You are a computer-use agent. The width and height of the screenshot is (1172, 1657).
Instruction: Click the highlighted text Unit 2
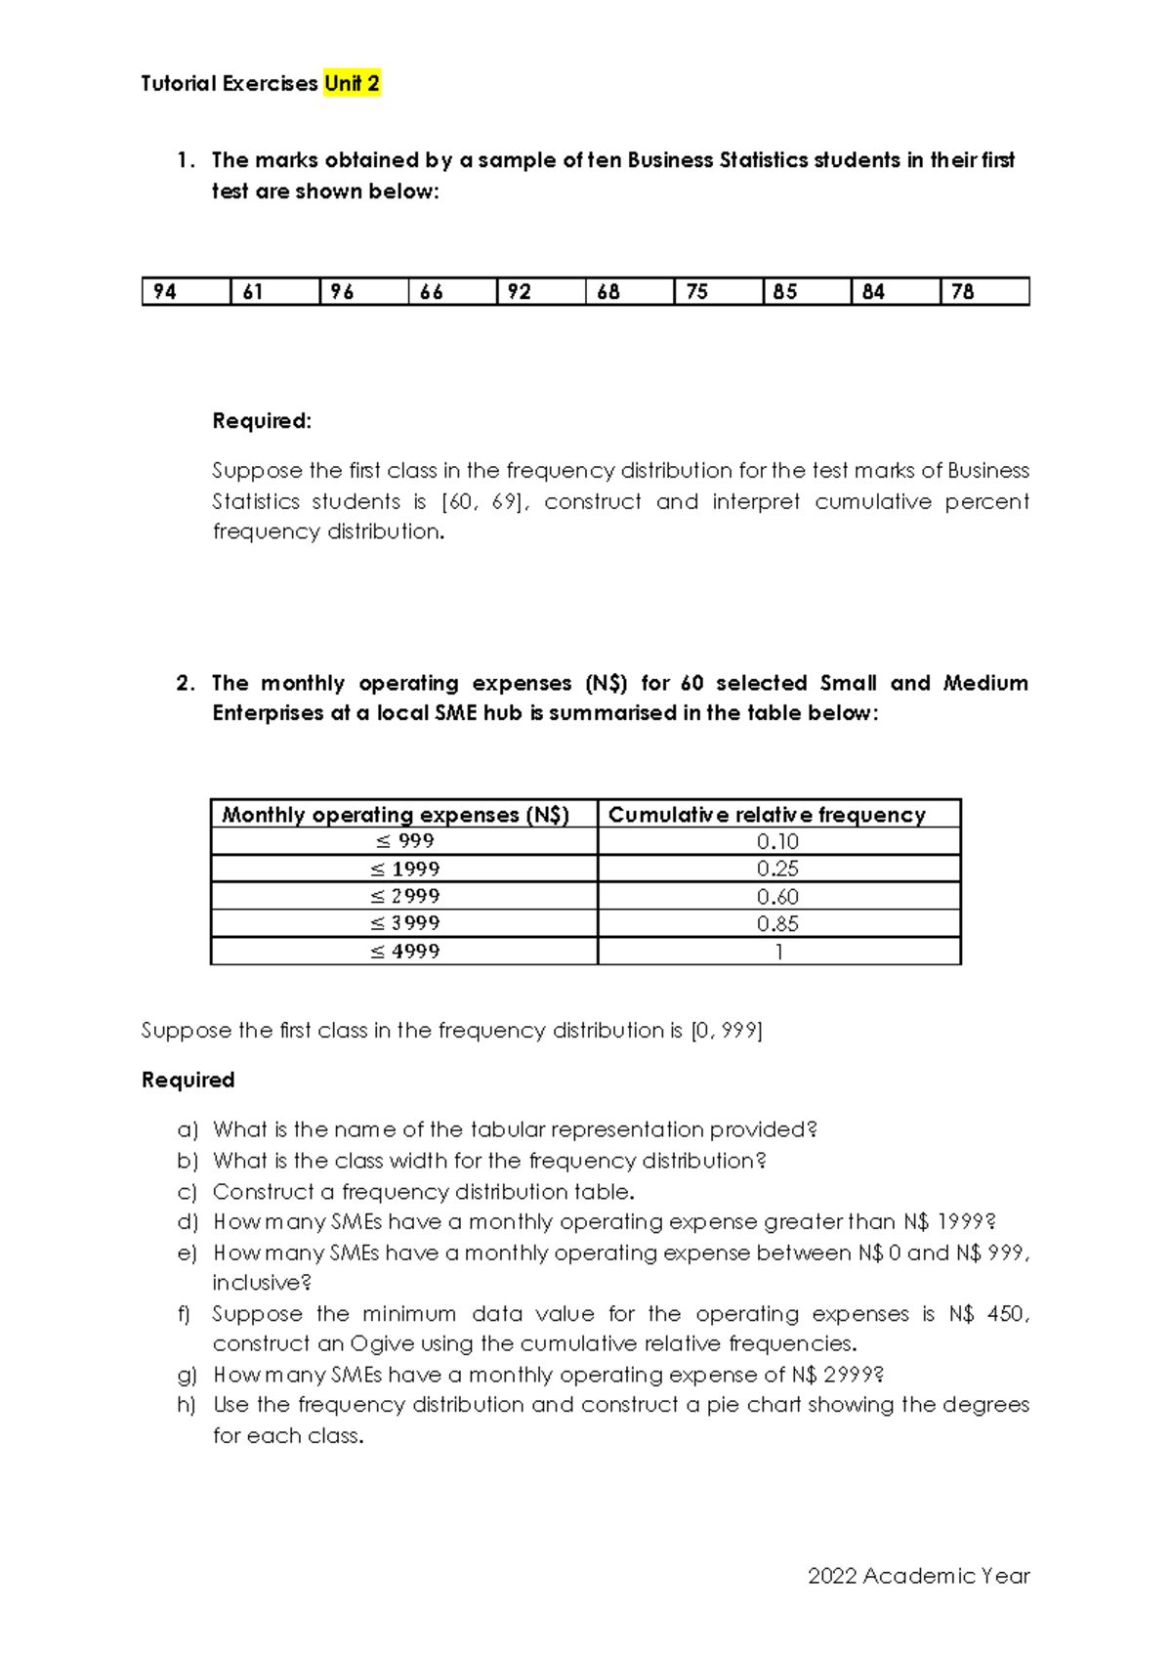352,84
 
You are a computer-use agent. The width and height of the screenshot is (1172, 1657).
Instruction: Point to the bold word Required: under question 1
262,421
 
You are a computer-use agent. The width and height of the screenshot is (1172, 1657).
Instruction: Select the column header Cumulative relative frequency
767,815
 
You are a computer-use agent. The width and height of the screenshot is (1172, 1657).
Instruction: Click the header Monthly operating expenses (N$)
396,815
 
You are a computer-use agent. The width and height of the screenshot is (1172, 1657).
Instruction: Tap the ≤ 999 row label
404,841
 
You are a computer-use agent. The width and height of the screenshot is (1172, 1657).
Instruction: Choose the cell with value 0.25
777,869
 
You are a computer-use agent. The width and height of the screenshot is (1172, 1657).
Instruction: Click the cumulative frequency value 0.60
777,896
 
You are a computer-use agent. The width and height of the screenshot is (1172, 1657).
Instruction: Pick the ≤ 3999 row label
404,923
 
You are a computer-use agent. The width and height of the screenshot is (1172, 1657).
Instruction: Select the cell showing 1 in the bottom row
778,952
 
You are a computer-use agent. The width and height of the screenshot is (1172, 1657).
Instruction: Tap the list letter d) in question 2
188,1222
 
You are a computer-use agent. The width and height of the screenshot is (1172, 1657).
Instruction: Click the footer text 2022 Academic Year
918,1576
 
